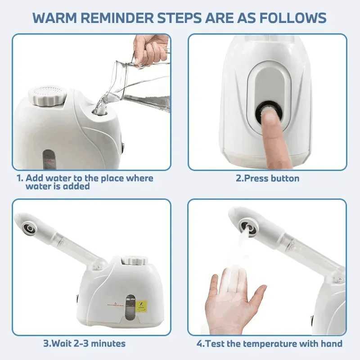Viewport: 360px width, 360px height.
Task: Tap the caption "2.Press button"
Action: point(267,178)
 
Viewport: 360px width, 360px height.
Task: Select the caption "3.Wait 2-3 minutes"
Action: point(84,343)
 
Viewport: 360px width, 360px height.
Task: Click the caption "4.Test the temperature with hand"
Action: point(269,343)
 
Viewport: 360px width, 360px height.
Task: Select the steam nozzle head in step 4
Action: point(247,226)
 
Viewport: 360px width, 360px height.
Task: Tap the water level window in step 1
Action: point(49,159)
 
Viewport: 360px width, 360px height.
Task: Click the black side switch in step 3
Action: point(76,298)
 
